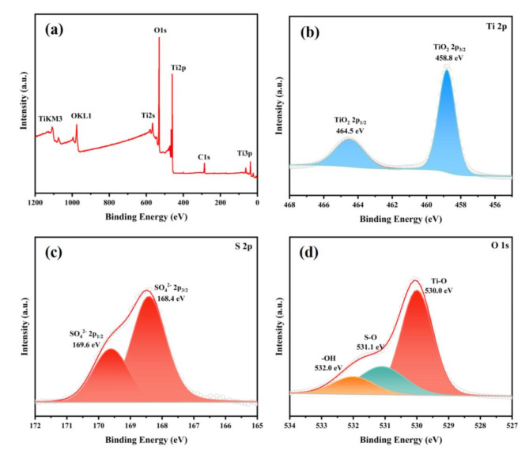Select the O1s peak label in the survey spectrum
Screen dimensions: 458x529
tap(161, 30)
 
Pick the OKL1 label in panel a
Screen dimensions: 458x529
tap(81, 115)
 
